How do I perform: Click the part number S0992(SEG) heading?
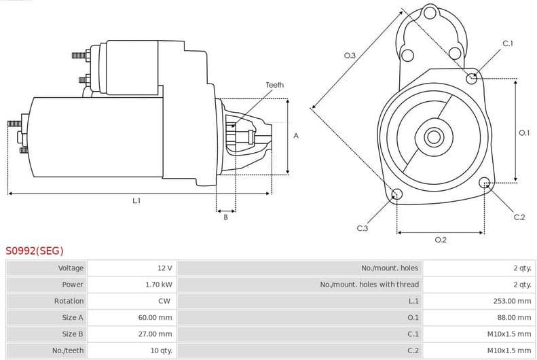[x=35, y=251]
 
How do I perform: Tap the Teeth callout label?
[x=274, y=85]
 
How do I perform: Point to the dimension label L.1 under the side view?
[x=136, y=200]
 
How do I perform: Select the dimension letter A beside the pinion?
[x=296, y=136]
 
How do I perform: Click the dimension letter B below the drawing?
[x=225, y=217]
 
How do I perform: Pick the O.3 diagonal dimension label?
[x=350, y=56]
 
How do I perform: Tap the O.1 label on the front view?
[x=524, y=133]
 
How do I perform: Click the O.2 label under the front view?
[x=440, y=239]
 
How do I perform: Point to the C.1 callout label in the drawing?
[x=507, y=44]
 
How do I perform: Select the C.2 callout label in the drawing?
[x=519, y=217]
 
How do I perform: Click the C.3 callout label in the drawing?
[x=363, y=228]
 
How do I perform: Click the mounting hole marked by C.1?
[x=472, y=78]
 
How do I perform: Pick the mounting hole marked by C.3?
[x=397, y=196]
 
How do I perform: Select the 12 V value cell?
[x=164, y=268]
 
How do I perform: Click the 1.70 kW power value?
[x=158, y=285]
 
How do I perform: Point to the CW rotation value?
[x=164, y=301]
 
